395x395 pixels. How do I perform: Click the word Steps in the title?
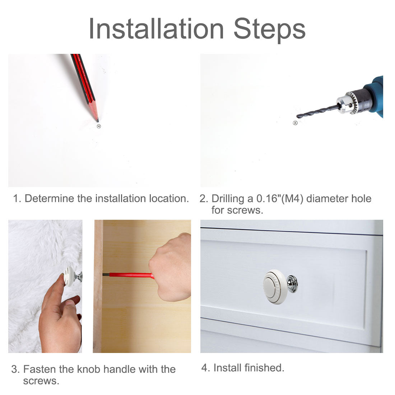click(270, 30)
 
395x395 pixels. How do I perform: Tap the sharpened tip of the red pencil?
click(97, 121)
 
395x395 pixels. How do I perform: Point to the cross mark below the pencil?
click(99, 126)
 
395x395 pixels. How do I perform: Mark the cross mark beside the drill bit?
click(295, 123)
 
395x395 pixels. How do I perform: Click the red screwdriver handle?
click(131, 275)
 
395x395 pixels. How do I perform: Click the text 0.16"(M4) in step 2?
click(280, 199)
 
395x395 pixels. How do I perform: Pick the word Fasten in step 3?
click(40, 369)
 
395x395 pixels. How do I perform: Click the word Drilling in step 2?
click(228, 199)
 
